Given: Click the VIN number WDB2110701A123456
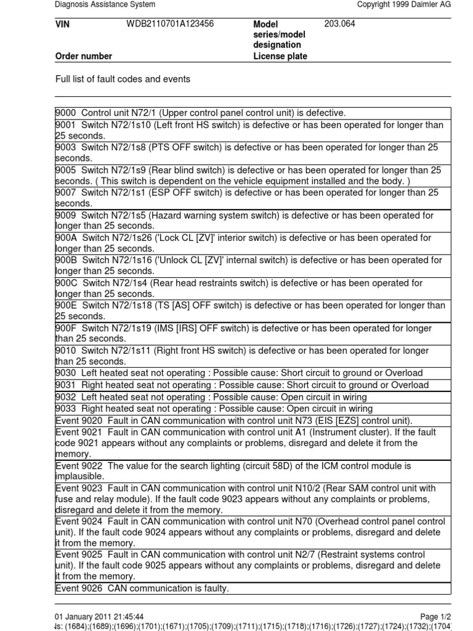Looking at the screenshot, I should (170, 24).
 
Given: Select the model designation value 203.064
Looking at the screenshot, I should (339, 24).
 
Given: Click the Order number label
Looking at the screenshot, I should (84, 56).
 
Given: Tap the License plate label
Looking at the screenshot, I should (280, 56).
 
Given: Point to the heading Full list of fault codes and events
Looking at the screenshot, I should (123, 79).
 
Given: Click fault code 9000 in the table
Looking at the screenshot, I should (66, 113).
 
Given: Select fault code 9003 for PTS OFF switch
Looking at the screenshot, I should (66, 147).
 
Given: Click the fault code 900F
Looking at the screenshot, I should (66, 328).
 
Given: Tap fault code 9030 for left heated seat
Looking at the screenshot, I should (66, 373).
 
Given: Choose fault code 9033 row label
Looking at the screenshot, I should (66, 409).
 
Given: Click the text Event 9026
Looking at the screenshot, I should (79, 588).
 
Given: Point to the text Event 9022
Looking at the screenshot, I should (79, 466).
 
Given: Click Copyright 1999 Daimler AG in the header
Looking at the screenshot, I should (404, 4).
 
